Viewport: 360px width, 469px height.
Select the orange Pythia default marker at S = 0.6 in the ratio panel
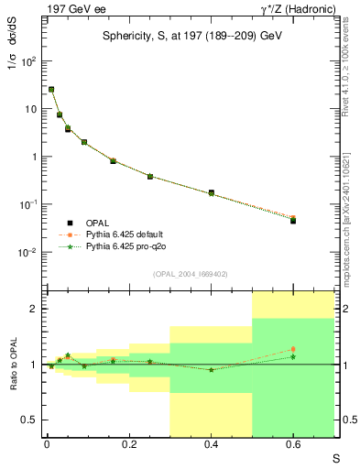click(293, 349)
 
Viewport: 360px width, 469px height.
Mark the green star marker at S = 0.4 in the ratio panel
click(211, 369)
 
